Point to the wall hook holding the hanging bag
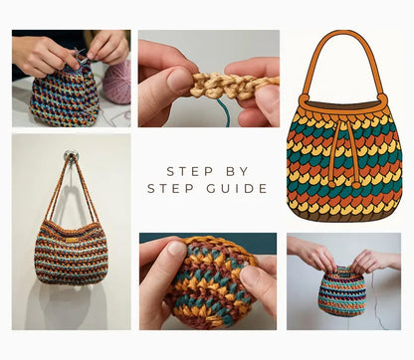click(71, 155)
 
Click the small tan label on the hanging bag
click(73, 230)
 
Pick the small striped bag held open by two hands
click(341, 291)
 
